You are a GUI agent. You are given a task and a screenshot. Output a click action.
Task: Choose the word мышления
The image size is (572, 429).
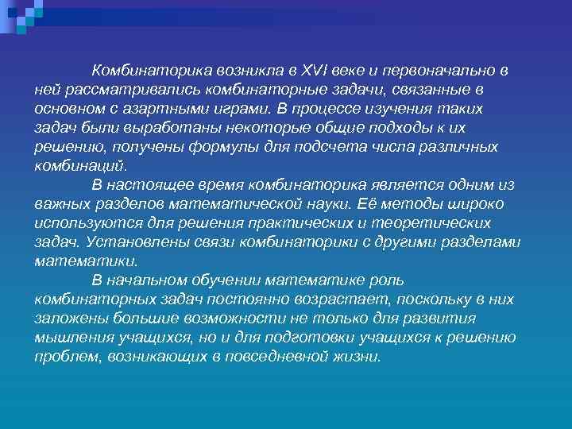point(75,338)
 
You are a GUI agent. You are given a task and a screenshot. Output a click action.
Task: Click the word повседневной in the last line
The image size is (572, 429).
point(270,357)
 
